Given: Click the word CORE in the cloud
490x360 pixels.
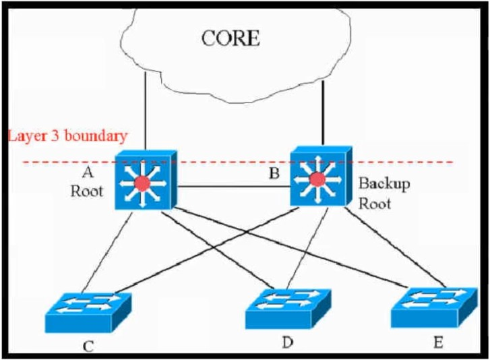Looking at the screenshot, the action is coord(231,38).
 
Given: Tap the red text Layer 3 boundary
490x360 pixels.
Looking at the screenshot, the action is coord(67,136).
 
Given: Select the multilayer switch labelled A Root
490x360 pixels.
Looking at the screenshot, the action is coord(146,180).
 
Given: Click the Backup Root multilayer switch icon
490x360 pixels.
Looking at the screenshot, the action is coord(321,177).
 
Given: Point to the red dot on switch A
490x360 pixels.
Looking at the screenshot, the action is coord(142,183).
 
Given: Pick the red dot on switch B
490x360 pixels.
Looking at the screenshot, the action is coord(317,179).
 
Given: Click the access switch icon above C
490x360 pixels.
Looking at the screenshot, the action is coord(88,312).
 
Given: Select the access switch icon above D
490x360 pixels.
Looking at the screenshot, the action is coord(288,309).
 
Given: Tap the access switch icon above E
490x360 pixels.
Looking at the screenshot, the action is coord(434,307).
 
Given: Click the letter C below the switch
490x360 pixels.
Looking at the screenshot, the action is coord(88,347).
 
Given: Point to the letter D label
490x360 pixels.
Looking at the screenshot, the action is coord(288,342).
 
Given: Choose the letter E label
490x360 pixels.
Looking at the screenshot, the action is coord(438,343).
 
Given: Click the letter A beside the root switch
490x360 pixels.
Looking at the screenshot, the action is coord(88,171).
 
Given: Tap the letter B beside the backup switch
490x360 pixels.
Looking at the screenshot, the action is coord(274,173).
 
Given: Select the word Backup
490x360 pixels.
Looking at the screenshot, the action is coord(384,184).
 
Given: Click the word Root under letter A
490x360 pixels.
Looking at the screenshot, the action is coord(86,191).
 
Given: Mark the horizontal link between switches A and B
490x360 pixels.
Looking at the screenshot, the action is coord(234,187).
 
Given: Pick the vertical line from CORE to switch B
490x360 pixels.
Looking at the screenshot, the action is coord(323,113).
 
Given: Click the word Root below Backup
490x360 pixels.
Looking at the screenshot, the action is coord(374,204).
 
